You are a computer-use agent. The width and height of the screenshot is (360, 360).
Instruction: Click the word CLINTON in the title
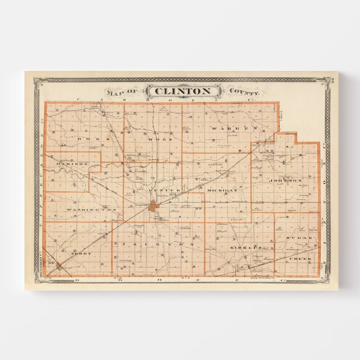pos(182,92)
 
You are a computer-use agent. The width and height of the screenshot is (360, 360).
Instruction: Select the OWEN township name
pos(160,139)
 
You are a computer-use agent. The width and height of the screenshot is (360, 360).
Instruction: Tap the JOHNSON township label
pos(285,180)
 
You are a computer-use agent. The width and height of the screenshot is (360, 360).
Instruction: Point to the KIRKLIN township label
pos(246,248)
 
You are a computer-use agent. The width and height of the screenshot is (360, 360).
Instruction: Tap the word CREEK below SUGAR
pos(300,258)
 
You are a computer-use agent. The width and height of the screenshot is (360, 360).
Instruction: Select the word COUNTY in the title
pos(244,92)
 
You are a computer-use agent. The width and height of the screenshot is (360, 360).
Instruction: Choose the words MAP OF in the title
pos(123,92)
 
